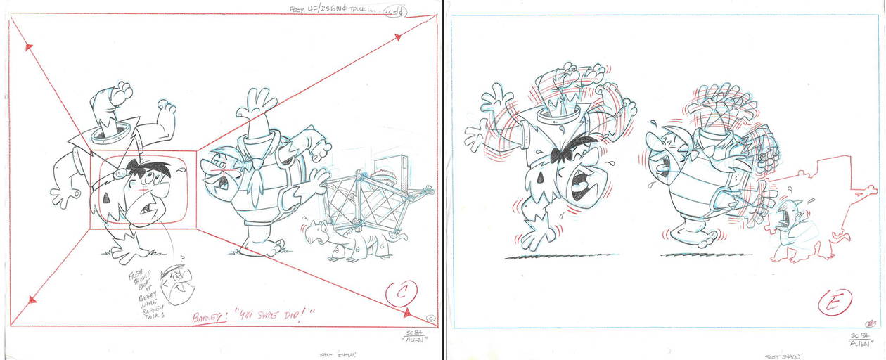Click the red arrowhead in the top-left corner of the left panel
pos(30,48)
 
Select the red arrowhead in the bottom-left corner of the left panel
pos(31,300)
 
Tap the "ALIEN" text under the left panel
pos(413,345)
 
